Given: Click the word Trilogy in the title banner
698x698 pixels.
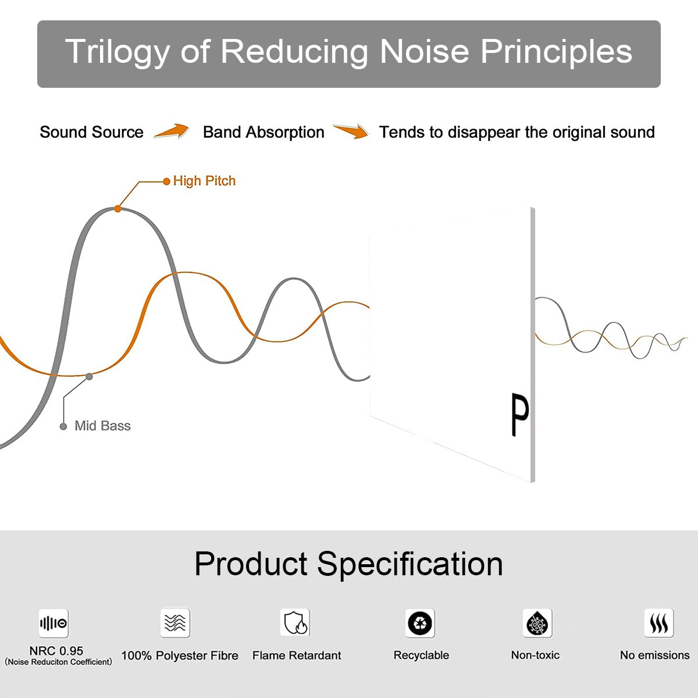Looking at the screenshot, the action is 117,52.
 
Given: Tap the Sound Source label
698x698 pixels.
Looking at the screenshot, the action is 92,132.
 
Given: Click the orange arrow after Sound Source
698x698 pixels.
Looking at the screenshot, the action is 172,131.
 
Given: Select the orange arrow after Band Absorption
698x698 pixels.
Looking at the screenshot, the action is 351,131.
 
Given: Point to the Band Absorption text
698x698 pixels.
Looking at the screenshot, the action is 263,132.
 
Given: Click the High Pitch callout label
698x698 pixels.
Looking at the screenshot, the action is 204,181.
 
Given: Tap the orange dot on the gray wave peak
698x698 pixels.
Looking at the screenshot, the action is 117,209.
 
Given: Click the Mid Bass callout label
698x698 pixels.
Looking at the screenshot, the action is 102,426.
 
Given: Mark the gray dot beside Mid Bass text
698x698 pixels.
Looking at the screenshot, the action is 63,427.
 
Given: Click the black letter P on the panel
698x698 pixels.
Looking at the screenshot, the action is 520,414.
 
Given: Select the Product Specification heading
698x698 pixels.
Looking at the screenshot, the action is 348,564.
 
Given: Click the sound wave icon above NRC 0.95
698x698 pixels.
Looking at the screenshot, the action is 54,623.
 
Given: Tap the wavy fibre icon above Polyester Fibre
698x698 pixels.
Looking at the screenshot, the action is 175,622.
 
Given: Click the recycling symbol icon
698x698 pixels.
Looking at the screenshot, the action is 420,623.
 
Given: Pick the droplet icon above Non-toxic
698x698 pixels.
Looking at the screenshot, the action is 537,623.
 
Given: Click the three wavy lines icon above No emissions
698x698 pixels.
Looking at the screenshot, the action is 659,622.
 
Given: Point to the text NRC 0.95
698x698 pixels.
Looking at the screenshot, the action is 56,651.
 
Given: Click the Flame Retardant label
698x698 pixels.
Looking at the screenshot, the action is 297,656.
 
